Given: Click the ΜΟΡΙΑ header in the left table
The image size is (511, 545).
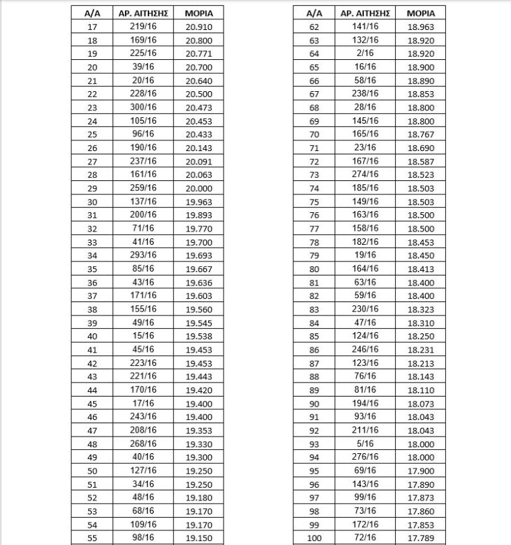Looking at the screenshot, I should pyautogui.click(x=199, y=13).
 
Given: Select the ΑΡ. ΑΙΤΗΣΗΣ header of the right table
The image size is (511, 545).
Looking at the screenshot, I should pyautogui.click(x=365, y=13).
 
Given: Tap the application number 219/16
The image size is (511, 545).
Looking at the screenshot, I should pyautogui.click(x=144, y=27).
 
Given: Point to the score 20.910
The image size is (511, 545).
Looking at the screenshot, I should pyautogui.click(x=199, y=27).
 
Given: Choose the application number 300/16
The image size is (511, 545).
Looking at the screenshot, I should pyautogui.click(x=144, y=107).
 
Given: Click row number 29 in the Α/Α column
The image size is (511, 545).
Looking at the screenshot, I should pyautogui.click(x=92, y=188).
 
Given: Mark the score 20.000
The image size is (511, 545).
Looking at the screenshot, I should pyautogui.click(x=199, y=188).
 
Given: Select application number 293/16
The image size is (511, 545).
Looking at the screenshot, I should pyautogui.click(x=144, y=256).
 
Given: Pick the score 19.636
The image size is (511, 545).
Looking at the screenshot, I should pyautogui.click(x=199, y=282).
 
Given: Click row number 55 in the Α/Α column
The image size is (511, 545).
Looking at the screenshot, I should pyautogui.click(x=92, y=538).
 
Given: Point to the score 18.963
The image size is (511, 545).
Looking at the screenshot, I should pyautogui.click(x=420, y=27).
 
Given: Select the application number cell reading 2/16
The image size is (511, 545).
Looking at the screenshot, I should pyautogui.click(x=365, y=53).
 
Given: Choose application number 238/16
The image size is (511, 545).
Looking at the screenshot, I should pyautogui.click(x=365, y=94).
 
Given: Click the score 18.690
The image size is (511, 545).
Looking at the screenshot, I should pyautogui.click(x=420, y=148).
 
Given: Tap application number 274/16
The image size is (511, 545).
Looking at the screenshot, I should pyautogui.click(x=365, y=174).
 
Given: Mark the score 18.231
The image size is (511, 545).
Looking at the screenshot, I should pyautogui.click(x=420, y=349).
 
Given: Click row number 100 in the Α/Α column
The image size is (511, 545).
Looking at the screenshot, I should pyautogui.click(x=315, y=538).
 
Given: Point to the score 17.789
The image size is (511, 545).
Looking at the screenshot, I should pyautogui.click(x=420, y=538).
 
